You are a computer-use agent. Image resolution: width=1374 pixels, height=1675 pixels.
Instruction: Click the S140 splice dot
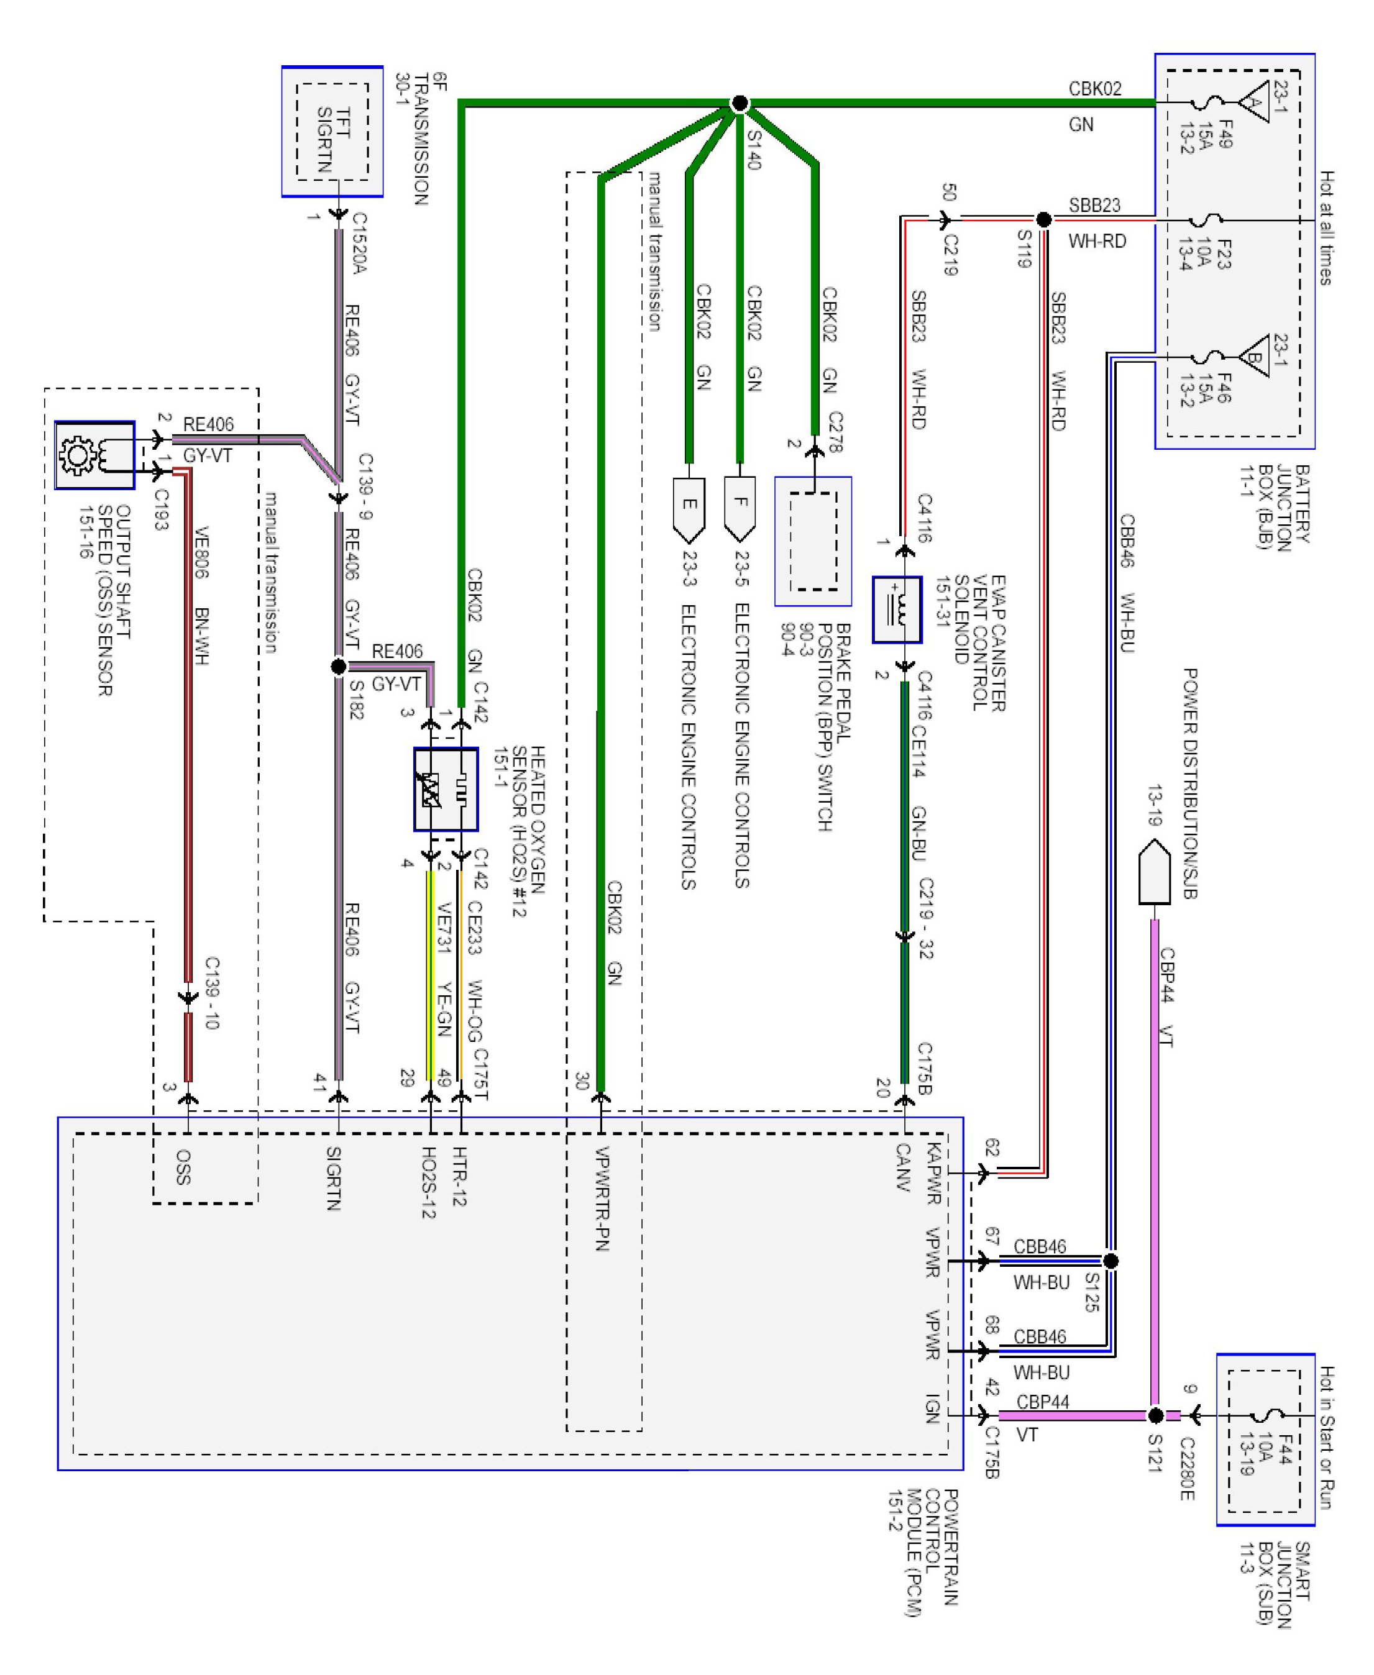[740, 103]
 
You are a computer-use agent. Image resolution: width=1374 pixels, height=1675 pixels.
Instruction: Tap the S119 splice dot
[1044, 219]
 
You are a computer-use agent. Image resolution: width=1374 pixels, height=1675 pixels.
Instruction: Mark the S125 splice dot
[1111, 1261]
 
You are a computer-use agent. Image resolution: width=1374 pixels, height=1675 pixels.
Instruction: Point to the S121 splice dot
[1155, 1415]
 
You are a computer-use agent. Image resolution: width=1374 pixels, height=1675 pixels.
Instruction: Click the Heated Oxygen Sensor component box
[446, 789]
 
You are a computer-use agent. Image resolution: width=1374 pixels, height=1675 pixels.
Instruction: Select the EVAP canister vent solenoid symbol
[897, 609]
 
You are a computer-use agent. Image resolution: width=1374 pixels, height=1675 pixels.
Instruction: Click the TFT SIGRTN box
[332, 131]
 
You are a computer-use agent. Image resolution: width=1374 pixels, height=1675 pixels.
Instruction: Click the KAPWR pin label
[933, 1174]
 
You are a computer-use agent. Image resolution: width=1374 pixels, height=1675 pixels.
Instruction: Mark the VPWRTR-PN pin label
[602, 1198]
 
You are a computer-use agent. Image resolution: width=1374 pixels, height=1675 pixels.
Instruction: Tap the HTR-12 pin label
[460, 1177]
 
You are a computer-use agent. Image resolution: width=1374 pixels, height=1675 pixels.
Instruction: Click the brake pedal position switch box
[813, 541]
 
